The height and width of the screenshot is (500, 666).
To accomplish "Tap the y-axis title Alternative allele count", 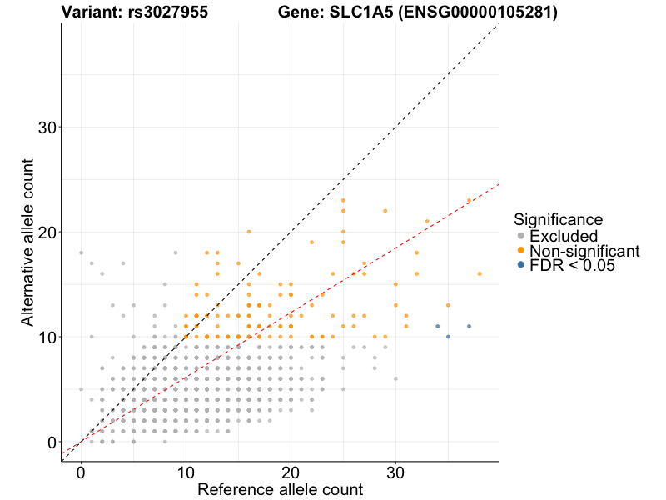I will pyautogui.click(x=28, y=242).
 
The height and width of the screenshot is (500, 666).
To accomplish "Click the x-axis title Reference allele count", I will pyautogui.click(x=280, y=489).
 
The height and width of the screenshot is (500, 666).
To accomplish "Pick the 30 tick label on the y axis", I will pyautogui.click(x=47, y=127).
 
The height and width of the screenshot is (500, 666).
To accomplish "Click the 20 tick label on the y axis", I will pyautogui.click(x=47, y=232).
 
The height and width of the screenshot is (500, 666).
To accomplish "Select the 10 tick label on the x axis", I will pyautogui.click(x=186, y=472).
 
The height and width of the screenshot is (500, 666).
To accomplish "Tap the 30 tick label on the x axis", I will pyautogui.click(x=395, y=472).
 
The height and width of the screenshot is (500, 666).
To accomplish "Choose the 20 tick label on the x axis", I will pyautogui.click(x=291, y=472).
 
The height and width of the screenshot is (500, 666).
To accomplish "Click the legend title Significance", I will pyautogui.click(x=558, y=220).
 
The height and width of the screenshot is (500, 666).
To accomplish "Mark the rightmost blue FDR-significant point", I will pyautogui.click(x=470, y=326).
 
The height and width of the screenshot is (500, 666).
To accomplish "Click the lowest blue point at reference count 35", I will pyautogui.click(x=448, y=337).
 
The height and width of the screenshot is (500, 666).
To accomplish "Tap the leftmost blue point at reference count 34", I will pyautogui.click(x=438, y=326).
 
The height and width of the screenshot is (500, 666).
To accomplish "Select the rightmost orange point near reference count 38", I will pyautogui.click(x=480, y=273).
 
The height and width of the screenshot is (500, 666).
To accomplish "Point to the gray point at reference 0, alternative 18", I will pyautogui.click(x=81, y=252).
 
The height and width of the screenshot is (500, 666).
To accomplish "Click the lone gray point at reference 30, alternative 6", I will pyautogui.click(x=395, y=378).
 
